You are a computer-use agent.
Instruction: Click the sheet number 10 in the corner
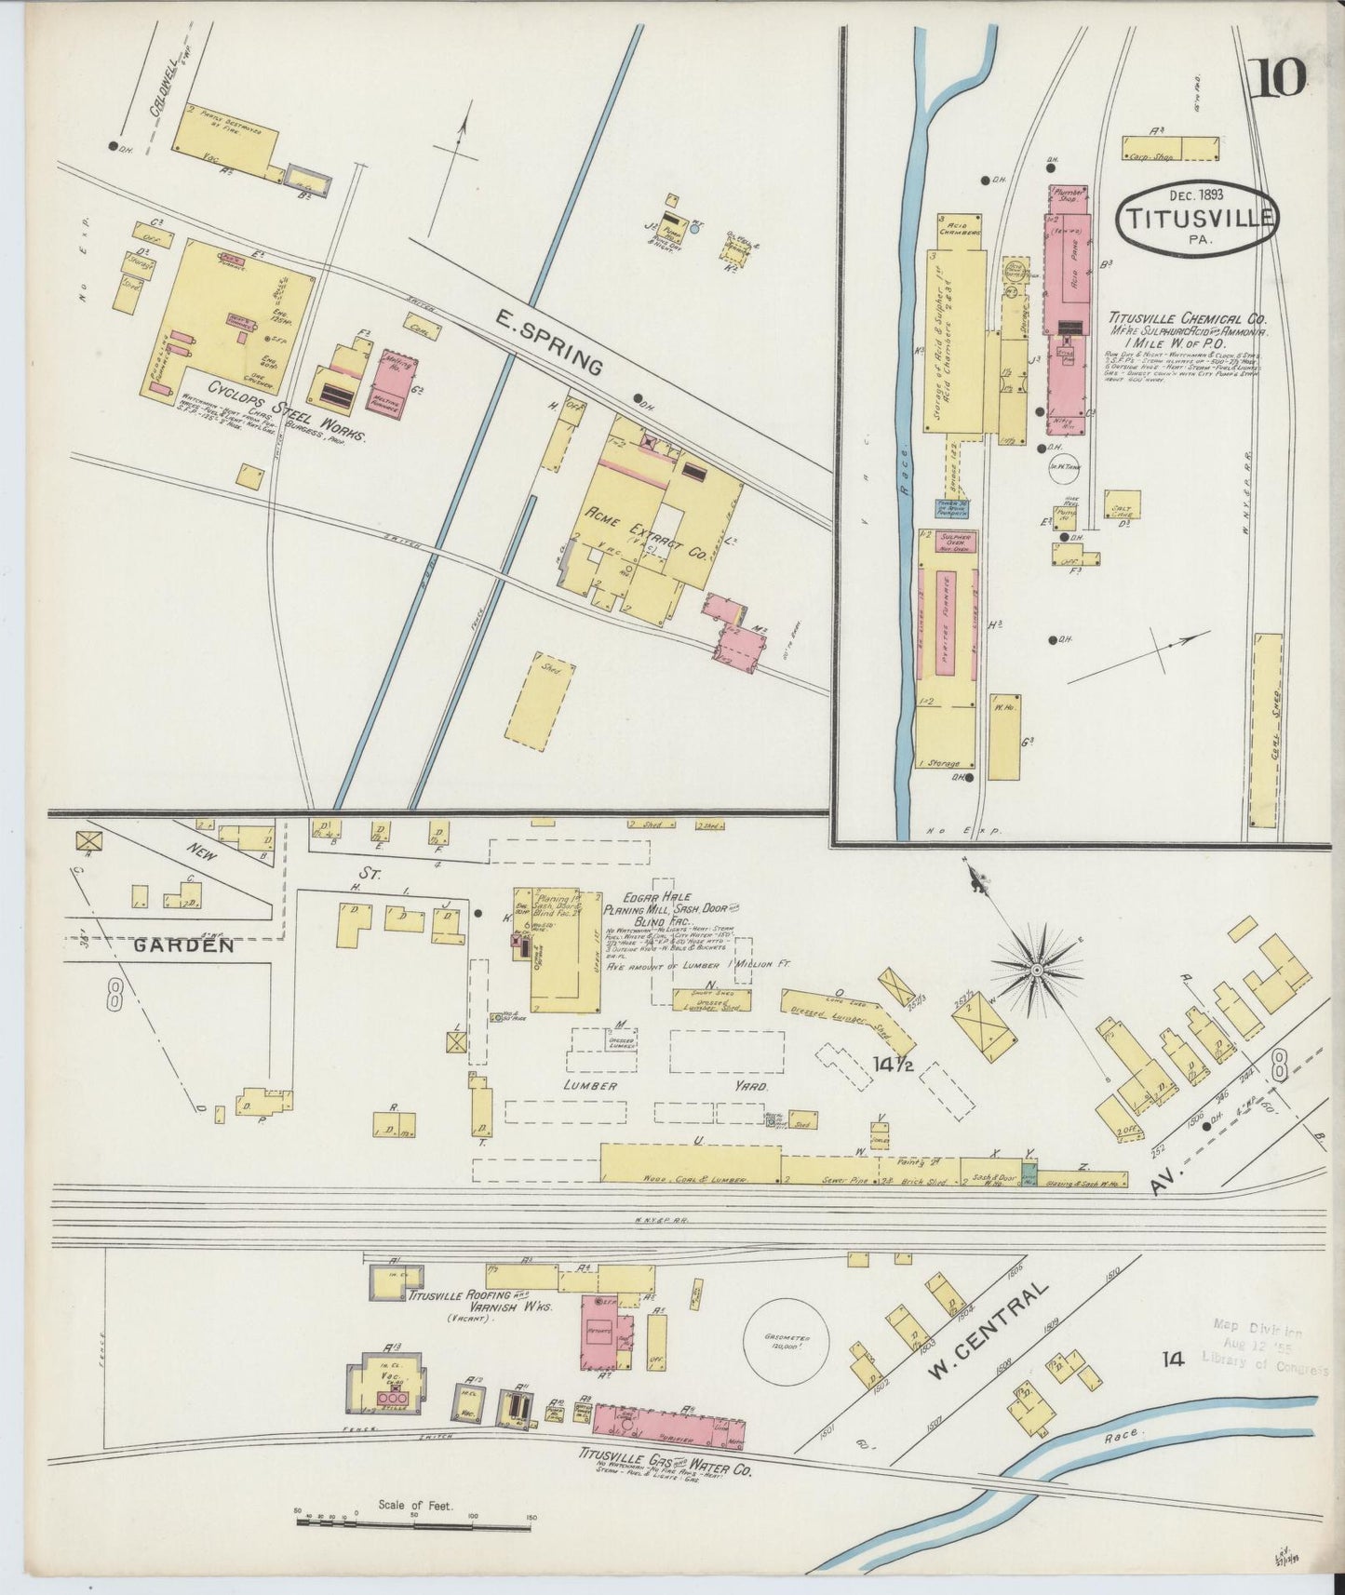(1281, 77)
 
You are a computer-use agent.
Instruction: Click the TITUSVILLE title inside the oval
(1197, 218)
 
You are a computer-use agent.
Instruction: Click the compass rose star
(1035, 971)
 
